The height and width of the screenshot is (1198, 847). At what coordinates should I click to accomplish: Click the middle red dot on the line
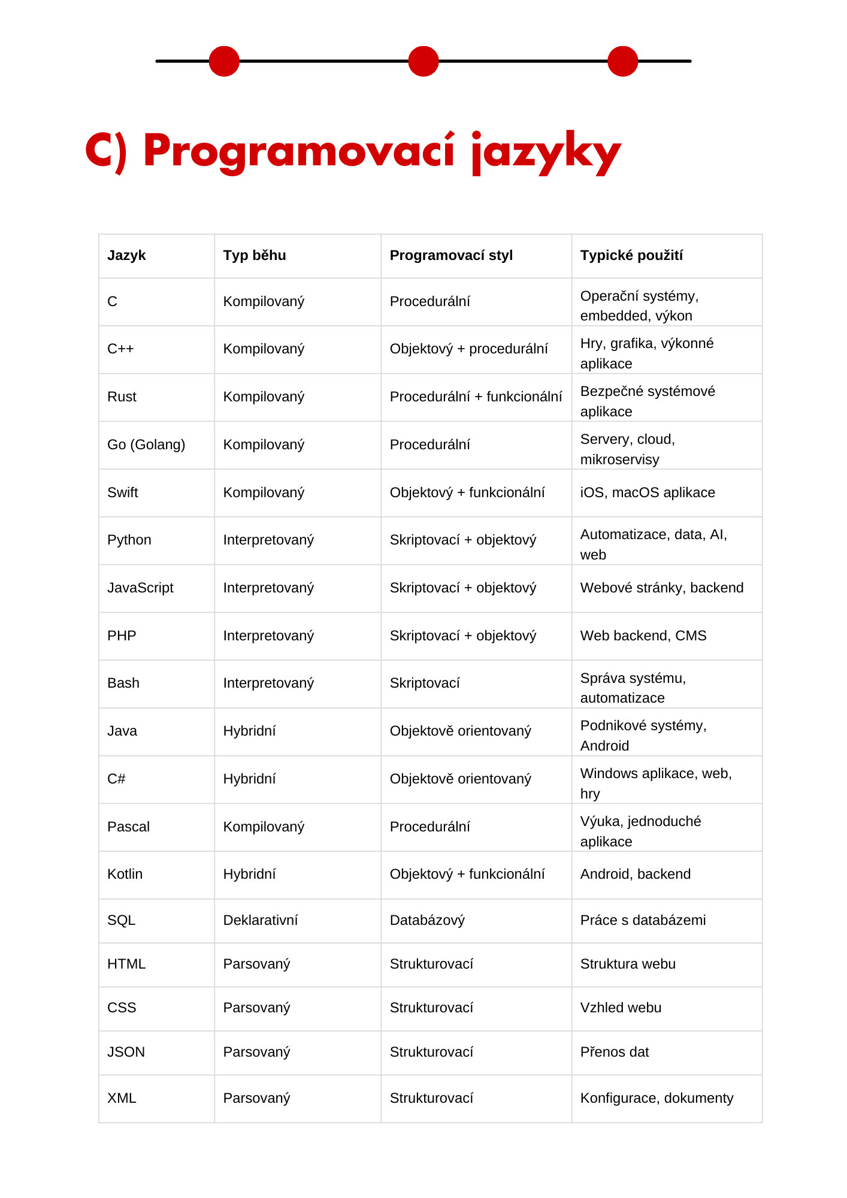click(423, 61)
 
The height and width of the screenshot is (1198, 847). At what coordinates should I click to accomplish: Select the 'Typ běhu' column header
click(255, 256)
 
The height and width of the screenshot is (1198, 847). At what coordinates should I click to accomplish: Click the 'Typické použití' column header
click(631, 256)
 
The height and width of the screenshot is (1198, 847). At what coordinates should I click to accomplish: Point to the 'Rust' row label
click(122, 397)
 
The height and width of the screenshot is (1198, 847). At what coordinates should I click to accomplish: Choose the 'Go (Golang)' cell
click(146, 445)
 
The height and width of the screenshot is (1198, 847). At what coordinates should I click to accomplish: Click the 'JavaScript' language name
click(140, 588)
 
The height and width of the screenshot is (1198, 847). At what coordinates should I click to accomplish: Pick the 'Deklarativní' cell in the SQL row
click(260, 921)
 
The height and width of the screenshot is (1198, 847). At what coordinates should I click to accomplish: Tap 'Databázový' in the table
click(427, 921)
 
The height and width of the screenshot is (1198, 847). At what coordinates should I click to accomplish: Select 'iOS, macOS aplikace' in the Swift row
click(648, 493)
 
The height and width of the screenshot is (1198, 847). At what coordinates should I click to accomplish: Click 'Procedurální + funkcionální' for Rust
click(476, 397)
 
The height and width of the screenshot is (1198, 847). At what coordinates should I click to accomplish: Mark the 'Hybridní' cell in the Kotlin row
click(249, 875)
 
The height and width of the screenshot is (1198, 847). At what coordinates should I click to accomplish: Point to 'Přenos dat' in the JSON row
click(615, 1052)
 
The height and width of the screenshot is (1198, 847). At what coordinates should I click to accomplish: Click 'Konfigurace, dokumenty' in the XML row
click(657, 1099)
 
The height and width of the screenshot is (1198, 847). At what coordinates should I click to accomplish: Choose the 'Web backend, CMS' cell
click(643, 636)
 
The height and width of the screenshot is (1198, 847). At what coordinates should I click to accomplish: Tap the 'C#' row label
click(116, 779)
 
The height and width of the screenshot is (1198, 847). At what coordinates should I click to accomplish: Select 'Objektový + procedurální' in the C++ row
click(468, 349)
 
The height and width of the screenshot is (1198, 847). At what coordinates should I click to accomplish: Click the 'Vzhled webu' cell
click(621, 1008)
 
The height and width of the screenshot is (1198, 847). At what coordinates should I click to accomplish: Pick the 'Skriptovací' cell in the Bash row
click(425, 683)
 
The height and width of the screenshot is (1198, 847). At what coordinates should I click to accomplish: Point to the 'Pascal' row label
click(128, 827)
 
